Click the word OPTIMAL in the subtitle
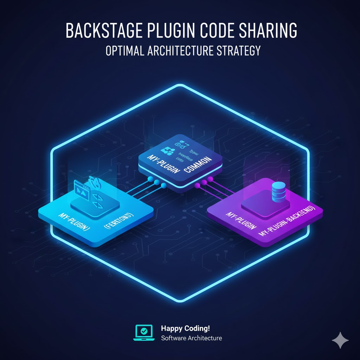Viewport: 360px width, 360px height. [x=124, y=50]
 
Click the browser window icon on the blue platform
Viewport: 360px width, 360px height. [x=82, y=190]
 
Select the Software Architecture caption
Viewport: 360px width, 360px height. [x=191, y=338]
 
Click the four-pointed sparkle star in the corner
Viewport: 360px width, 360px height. [x=340, y=340]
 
